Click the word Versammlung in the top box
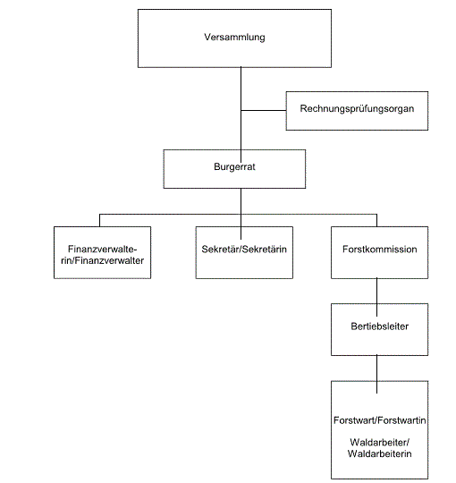point(234,37)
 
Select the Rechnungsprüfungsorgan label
point(357,109)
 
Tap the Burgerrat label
point(234,166)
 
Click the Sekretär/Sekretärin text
point(244,249)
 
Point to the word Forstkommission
point(380,249)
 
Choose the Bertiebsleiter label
point(380,326)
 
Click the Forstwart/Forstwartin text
point(380,420)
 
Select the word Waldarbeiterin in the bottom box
point(380,453)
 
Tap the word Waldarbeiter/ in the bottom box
point(380,443)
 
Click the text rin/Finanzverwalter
point(103,260)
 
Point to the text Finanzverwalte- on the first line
point(103,249)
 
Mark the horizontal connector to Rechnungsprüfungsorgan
point(264,110)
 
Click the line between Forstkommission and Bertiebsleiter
point(376,297)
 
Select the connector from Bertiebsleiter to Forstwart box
point(376,374)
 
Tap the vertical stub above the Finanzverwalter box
point(99,221)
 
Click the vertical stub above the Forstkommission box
point(376,221)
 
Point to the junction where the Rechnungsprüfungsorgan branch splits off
point(241,110)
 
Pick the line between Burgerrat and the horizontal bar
point(241,201)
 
